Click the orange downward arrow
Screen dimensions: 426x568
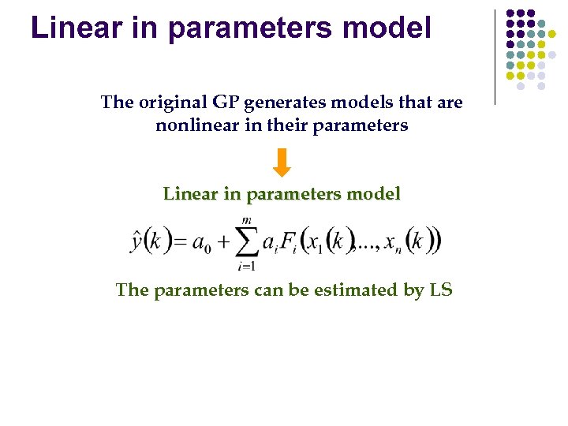point(282,163)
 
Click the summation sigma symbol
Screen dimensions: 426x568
point(246,241)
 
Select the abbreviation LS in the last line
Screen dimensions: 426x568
point(440,290)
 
